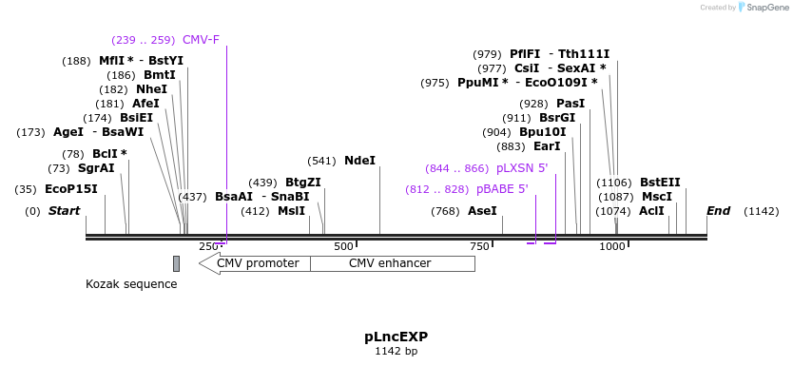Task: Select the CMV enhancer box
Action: point(392,263)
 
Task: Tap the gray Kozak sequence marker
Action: point(176,263)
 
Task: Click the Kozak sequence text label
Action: point(131,283)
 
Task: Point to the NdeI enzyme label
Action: point(359,161)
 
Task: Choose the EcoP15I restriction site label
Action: point(71,189)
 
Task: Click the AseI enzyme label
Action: point(482,211)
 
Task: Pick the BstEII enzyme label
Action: point(660,183)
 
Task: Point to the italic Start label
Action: point(64,211)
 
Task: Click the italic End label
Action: point(719,211)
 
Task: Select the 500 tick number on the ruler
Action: point(343,246)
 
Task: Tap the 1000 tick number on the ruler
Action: point(612,246)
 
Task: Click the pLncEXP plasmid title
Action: point(396,337)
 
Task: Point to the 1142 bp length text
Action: point(396,352)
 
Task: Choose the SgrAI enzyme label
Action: point(96,168)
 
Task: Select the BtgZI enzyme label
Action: point(303,183)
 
